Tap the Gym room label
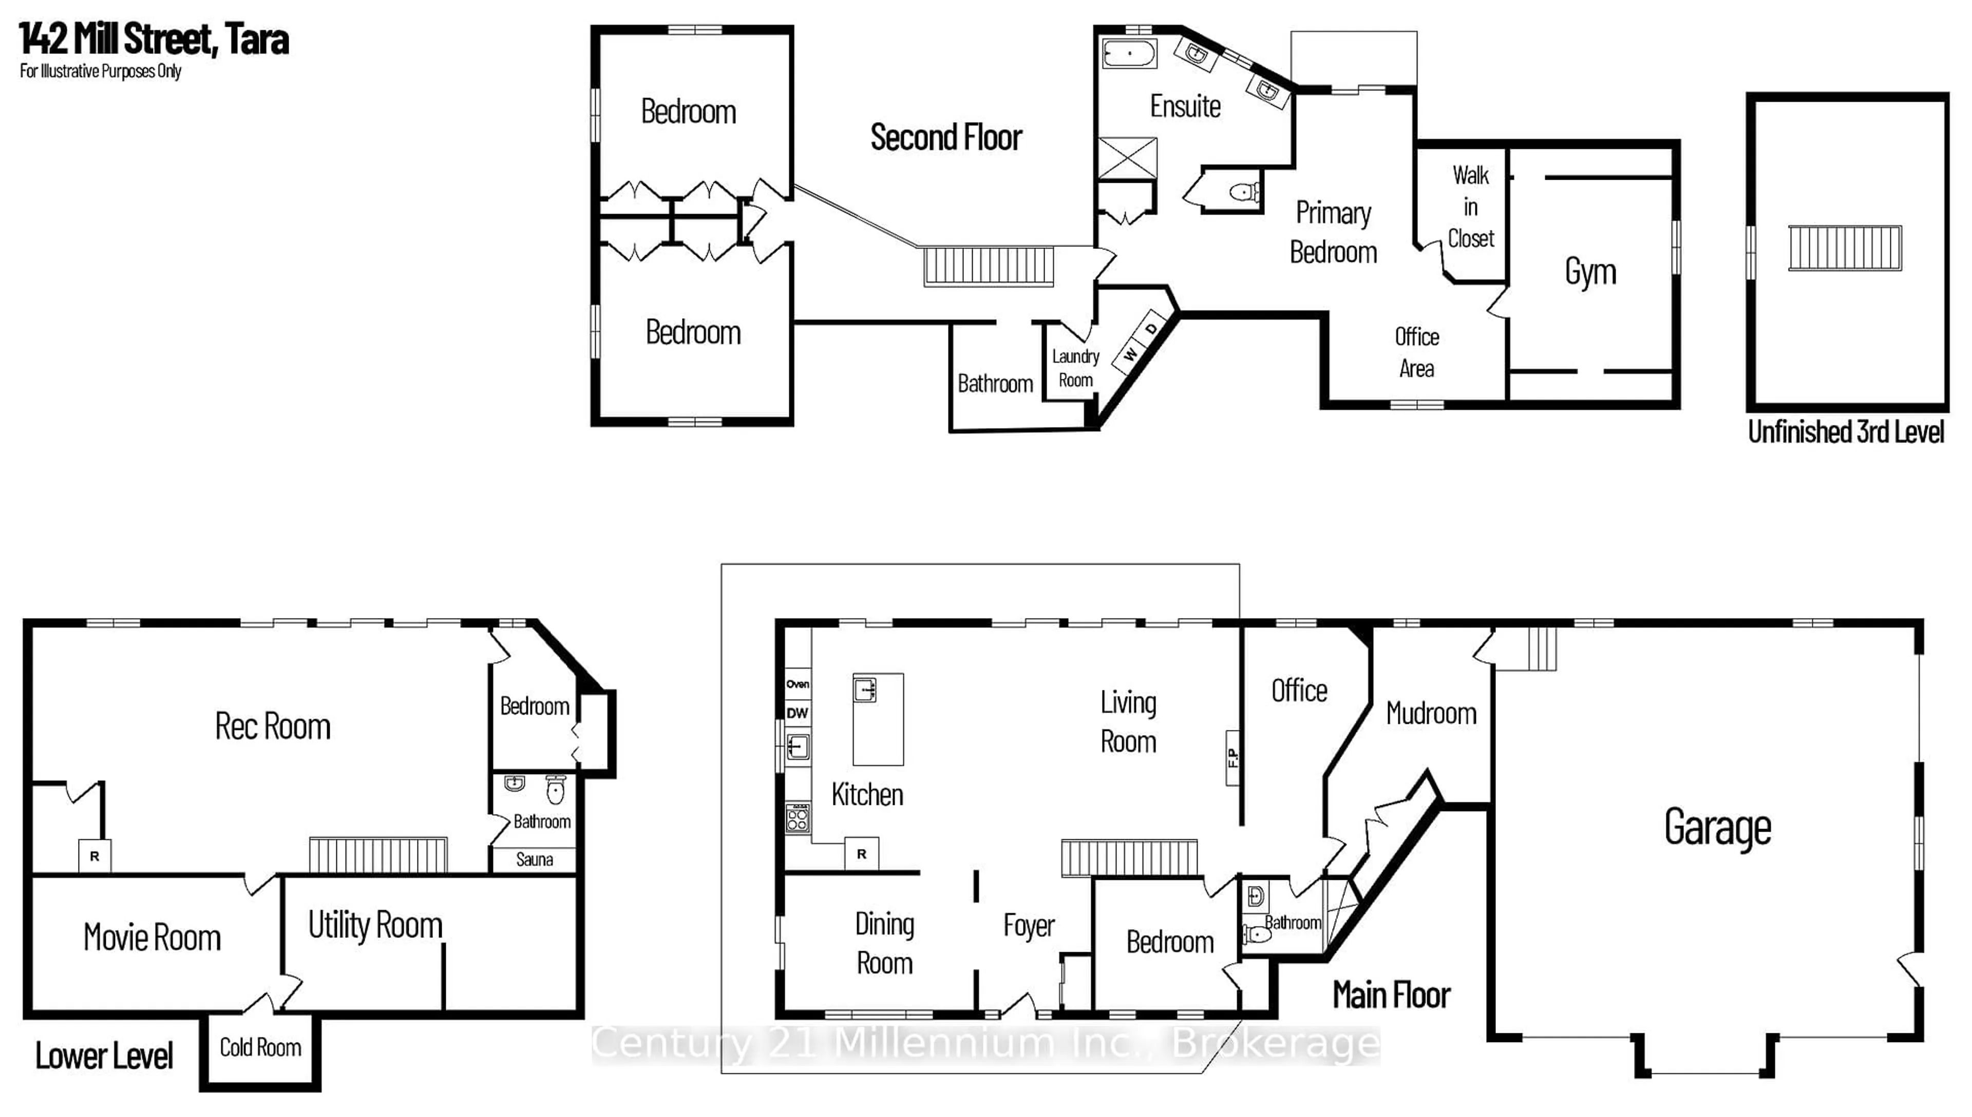coord(1590,272)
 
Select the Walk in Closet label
coord(1470,207)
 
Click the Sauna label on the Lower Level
coord(534,859)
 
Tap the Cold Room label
coord(260,1047)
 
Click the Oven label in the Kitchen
coord(797,684)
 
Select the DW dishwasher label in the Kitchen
coord(797,712)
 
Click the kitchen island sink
coord(865,690)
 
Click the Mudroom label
coord(1431,714)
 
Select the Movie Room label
coord(152,937)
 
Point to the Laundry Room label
coord(1075,368)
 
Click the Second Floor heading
coord(945,138)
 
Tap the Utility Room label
coord(375,925)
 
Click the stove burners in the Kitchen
coord(797,818)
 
